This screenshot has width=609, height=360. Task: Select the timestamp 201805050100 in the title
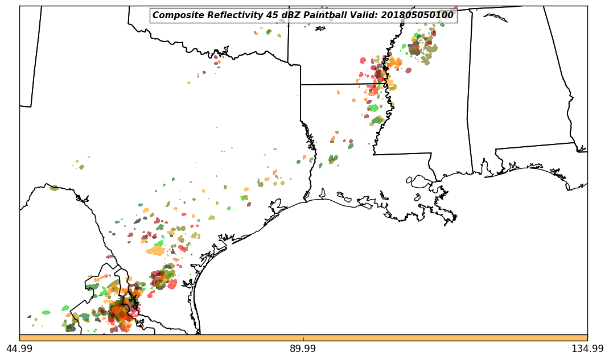click(419, 15)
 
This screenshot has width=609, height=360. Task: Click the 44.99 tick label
click(19, 349)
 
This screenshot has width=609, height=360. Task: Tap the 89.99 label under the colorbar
click(303, 349)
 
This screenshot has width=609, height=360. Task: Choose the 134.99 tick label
click(587, 349)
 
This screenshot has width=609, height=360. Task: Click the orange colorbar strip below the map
click(303, 338)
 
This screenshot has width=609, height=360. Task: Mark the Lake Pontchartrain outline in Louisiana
click(421, 181)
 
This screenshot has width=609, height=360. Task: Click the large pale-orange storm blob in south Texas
click(155, 250)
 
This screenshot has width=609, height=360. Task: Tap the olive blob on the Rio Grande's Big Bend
click(54, 188)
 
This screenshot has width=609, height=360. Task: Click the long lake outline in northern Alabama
click(495, 18)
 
